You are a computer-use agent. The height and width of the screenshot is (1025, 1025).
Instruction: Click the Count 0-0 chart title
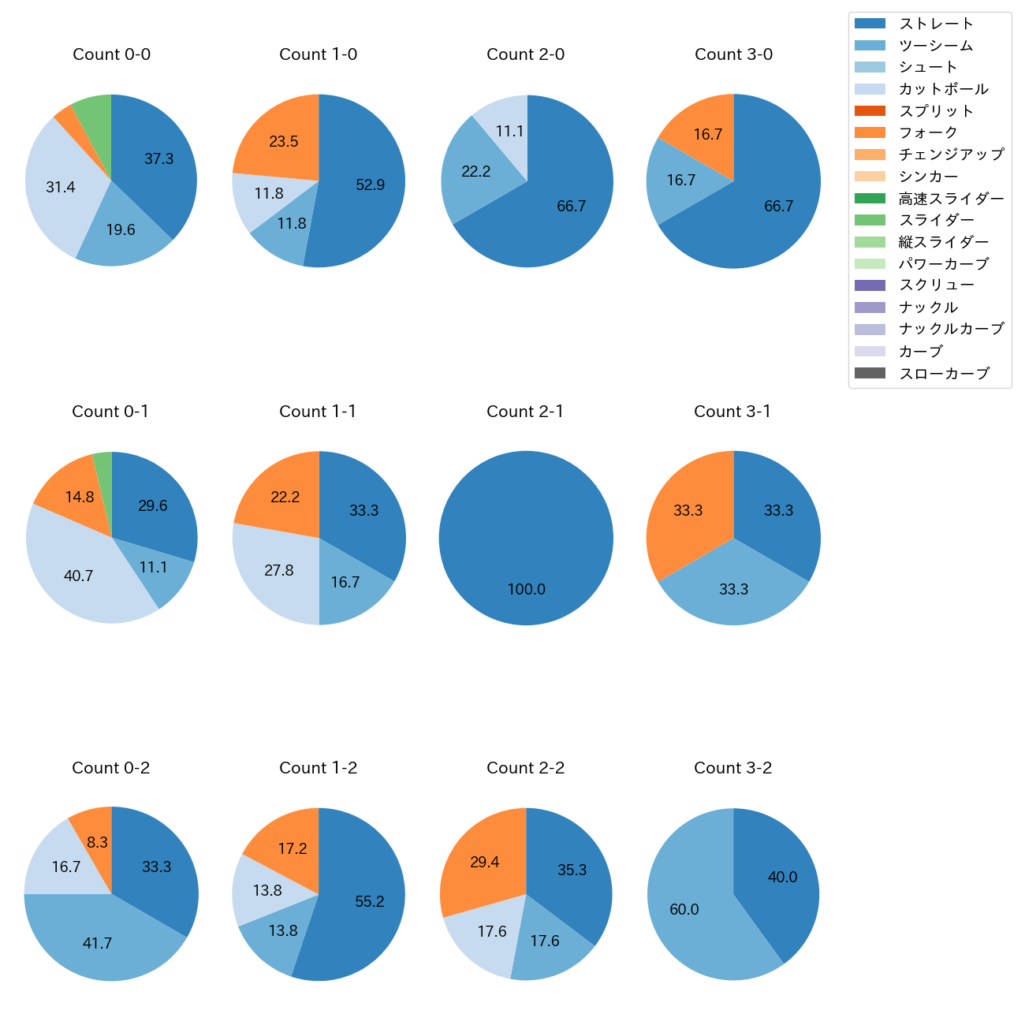[111, 54]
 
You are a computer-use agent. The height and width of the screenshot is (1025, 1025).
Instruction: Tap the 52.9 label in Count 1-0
[370, 185]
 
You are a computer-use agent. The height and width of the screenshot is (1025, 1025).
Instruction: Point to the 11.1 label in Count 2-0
[509, 132]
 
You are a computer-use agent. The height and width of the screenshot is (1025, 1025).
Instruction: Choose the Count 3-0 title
[733, 54]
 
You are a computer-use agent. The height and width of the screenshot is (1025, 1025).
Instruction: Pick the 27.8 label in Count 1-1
[279, 570]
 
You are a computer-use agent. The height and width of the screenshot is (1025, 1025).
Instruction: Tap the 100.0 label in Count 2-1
[526, 590]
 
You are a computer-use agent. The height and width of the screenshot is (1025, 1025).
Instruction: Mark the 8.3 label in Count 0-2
[97, 842]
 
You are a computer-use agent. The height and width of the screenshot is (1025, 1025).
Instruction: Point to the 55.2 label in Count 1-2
[369, 901]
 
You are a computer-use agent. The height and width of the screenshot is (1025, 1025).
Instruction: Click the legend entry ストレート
[936, 24]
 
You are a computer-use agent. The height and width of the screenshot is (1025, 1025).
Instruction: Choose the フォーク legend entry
[928, 132]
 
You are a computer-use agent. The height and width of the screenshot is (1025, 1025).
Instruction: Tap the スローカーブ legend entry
[944, 374]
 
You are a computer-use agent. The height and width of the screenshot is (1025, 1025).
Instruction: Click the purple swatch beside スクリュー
[870, 285]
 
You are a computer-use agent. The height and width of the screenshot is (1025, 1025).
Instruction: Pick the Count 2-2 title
[525, 768]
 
